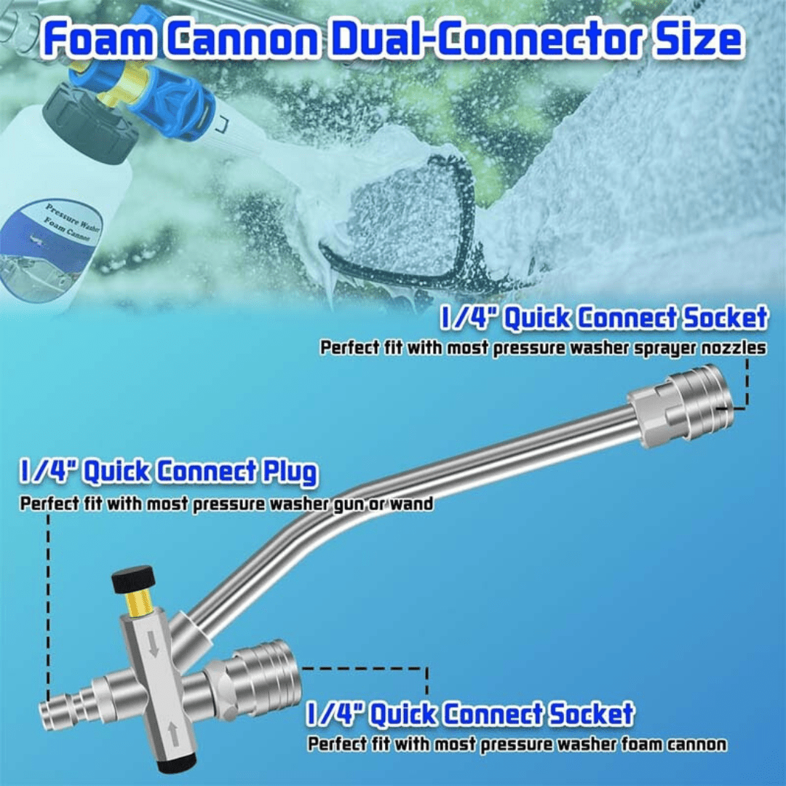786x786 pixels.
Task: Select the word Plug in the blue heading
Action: point(287,472)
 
